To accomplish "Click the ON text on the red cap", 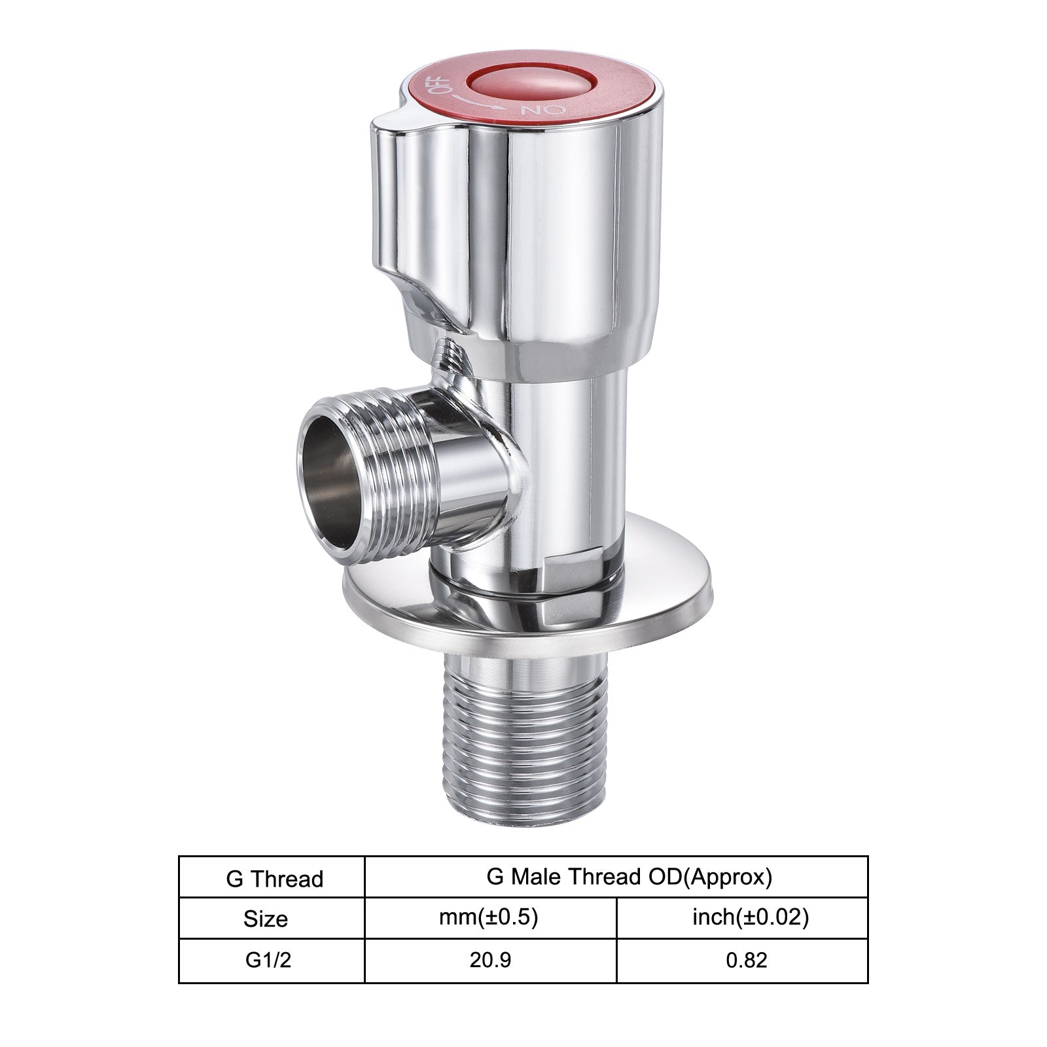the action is [533, 110].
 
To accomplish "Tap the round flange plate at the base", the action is [529, 599].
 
